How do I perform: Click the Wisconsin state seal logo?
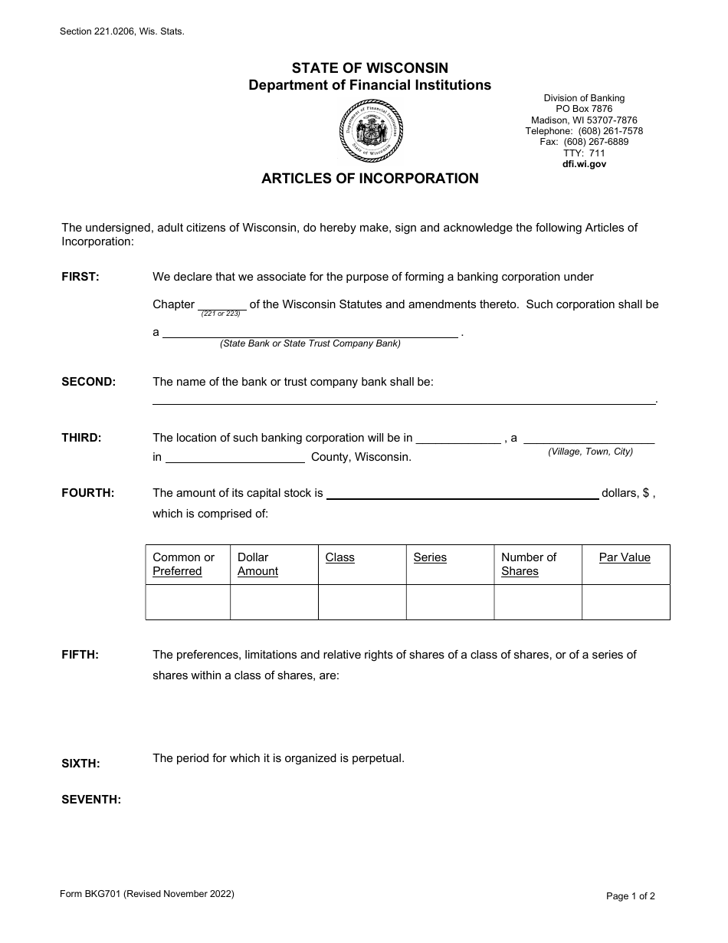[370, 132]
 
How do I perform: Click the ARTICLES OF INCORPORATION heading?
[370, 179]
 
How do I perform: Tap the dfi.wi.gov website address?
[584, 164]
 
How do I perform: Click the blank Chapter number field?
[221, 304]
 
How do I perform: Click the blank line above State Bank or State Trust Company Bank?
[310, 332]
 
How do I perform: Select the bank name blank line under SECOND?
[404, 399]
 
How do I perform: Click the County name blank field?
[234, 458]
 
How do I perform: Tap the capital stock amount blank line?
[462, 494]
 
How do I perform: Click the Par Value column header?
[625, 558]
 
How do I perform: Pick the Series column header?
[430, 558]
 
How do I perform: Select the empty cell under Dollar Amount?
[274, 602]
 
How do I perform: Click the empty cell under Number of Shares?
[537, 602]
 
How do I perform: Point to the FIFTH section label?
[80, 655]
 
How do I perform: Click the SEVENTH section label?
[91, 800]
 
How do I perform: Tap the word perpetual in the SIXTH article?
[377, 758]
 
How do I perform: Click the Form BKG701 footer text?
[147, 894]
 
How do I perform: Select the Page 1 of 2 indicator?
[631, 895]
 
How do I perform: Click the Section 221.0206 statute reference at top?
[122, 32]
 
